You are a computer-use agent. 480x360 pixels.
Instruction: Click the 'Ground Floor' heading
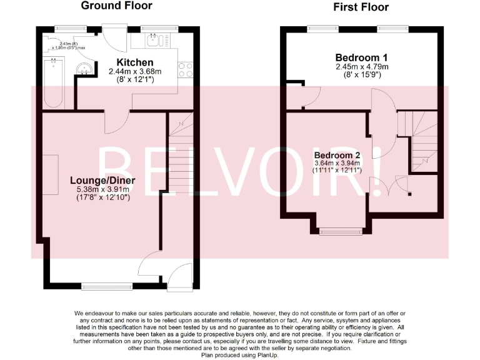click(x=116, y=6)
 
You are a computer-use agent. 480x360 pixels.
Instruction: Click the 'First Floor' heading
click(x=361, y=7)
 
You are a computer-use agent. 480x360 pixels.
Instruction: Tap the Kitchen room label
click(x=135, y=62)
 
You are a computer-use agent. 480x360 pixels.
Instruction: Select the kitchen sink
click(x=153, y=41)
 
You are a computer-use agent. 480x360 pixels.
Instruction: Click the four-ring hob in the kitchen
click(x=185, y=69)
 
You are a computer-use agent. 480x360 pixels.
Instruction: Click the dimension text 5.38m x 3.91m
click(x=103, y=190)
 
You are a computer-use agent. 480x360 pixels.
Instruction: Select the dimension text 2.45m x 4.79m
click(x=362, y=66)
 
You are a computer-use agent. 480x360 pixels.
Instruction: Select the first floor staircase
click(x=420, y=141)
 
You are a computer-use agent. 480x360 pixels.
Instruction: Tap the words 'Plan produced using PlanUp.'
click(x=240, y=355)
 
